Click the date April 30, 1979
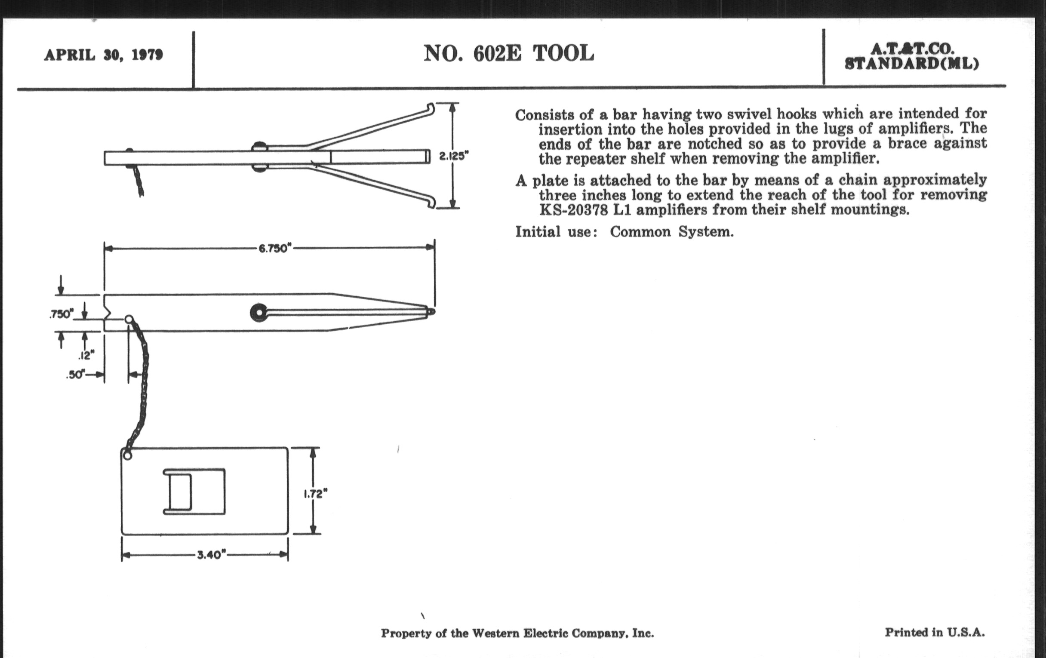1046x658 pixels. (103, 55)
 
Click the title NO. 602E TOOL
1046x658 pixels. (508, 54)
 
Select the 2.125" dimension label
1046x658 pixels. (454, 156)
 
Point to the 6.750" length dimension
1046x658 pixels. (274, 249)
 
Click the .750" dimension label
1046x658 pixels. (61, 314)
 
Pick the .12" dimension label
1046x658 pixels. (86, 356)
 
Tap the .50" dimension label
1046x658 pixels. (75, 375)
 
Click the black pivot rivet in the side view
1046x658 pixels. (258, 313)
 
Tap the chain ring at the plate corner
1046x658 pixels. (127, 455)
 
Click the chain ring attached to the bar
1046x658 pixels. (129, 320)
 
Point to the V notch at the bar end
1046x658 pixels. (108, 313)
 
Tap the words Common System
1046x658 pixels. (671, 232)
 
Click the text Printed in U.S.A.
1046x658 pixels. (935, 632)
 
